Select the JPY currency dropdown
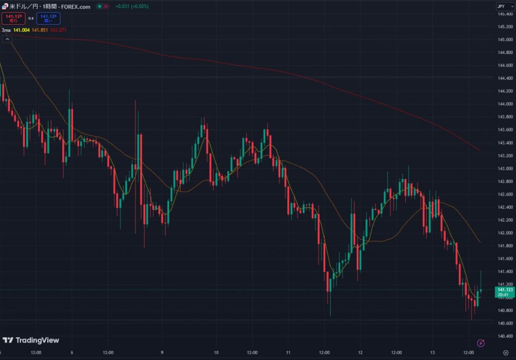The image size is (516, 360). point(502,6)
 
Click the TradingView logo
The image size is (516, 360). point(31,340)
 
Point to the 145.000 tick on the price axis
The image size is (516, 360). point(505,40)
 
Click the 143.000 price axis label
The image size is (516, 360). point(505,168)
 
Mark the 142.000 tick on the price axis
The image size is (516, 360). point(505,233)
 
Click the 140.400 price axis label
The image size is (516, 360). point(505,336)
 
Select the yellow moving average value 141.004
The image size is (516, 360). point(22,30)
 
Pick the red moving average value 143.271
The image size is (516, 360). point(58,30)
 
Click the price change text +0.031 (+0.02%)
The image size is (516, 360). point(132,7)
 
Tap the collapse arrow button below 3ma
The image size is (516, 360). point(7,39)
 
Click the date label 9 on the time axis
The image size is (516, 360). point(162,353)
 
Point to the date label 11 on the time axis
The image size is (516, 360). point(288,353)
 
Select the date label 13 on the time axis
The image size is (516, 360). point(432,353)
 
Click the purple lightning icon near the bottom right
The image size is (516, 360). point(481,343)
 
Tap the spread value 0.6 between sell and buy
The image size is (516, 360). point(31,19)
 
